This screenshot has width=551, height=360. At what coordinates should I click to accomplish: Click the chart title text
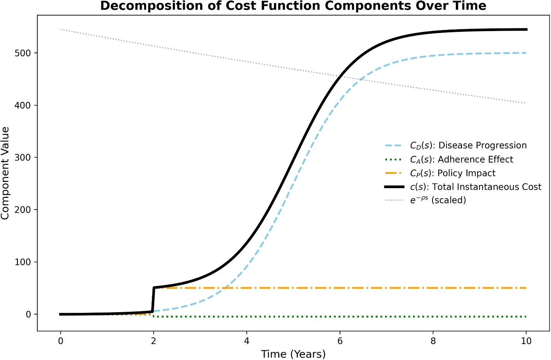[x=293, y=6]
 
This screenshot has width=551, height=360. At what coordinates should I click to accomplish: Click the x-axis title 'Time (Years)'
[x=293, y=354]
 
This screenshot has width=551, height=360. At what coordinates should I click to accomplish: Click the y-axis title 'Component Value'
[x=5, y=173]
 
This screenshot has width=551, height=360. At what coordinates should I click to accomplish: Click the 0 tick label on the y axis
[x=28, y=314]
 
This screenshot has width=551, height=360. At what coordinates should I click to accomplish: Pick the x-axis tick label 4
[x=247, y=341]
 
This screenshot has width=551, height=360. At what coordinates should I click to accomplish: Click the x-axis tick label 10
[x=526, y=341]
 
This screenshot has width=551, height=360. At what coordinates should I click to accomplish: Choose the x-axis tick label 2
[x=153, y=341]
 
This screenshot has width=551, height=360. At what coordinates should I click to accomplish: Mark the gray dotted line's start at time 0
[x=61, y=30]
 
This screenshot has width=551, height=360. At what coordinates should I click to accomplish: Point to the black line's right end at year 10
[x=526, y=30]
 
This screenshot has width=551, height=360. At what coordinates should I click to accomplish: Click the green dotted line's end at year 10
[x=526, y=316]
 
